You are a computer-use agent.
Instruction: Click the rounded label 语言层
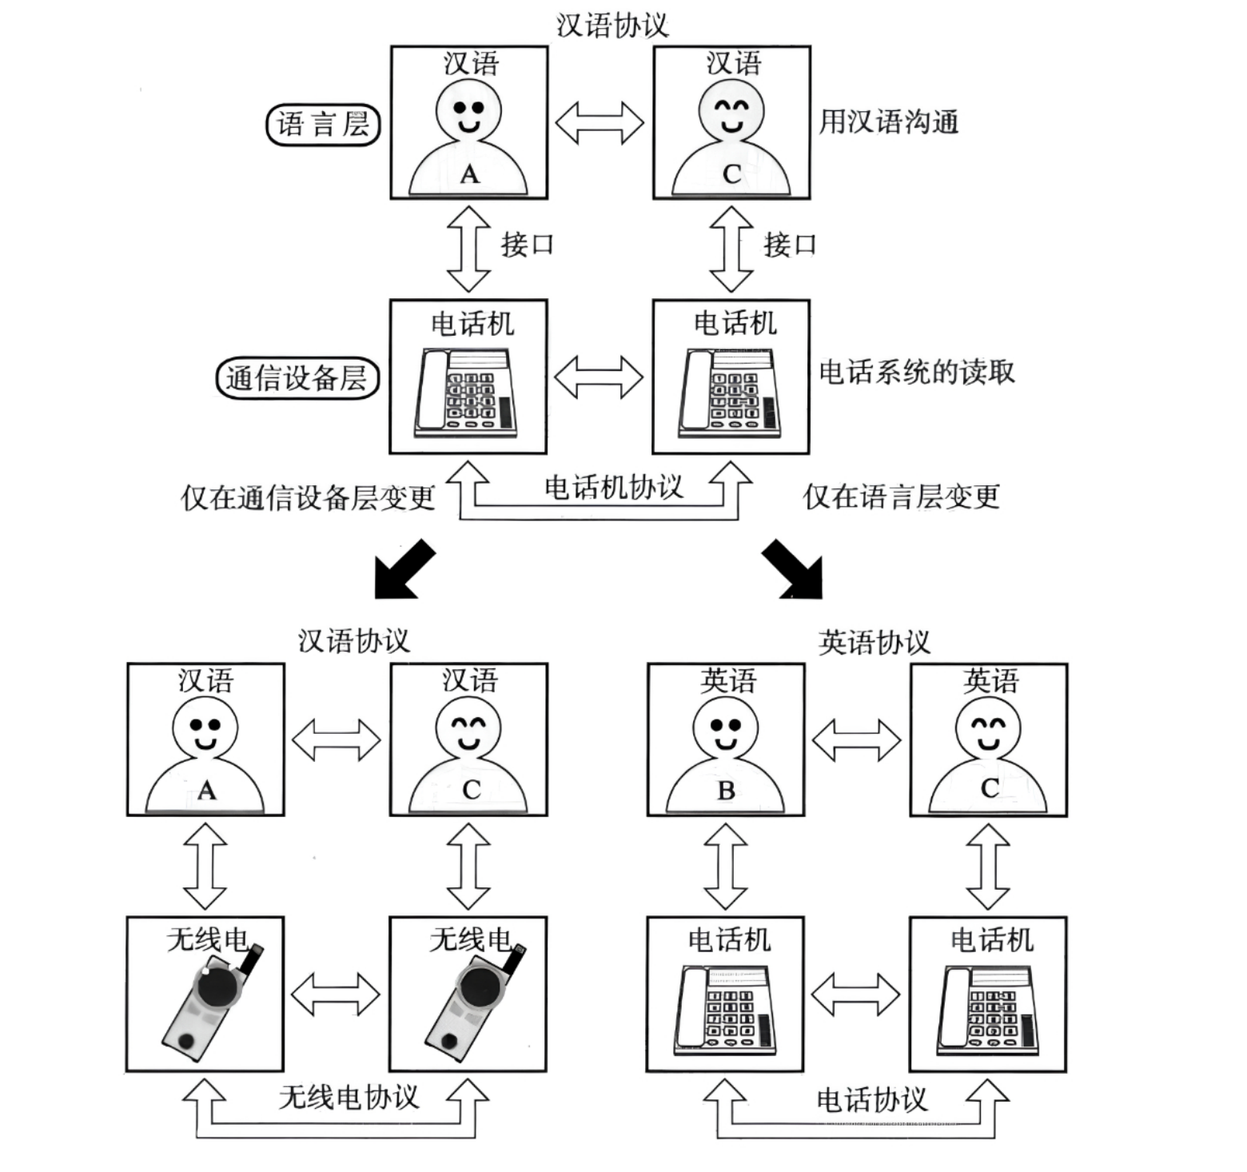pyautogui.click(x=323, y=124)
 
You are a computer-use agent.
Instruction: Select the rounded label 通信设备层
pyautogui.click(x=297, y=378)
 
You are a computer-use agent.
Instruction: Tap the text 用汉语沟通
pyautogui.click(x=888, y=122)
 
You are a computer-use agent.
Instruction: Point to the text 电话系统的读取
pyautogui.click(x=916, y=372)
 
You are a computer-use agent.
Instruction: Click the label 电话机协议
pyautogui.click(x=614, y=486)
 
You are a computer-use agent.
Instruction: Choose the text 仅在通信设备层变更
pyautogui.click(x=308, y=497)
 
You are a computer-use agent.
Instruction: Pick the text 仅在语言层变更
pyautogui.click(x=901, y=496)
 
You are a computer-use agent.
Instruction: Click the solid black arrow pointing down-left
pyautogui.click(x=404, y=569)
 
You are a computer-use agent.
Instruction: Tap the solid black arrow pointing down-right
pyautogui.click(x=792, y=569)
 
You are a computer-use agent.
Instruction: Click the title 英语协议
pyautogui.click(x=874, y=642)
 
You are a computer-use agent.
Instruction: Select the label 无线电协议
pyautogui.click(x=349, y=1097)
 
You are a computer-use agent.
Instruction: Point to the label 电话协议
pyautogui.click(x=871, y=1100)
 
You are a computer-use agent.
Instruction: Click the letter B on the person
pyautogui.click(x=726, y=791)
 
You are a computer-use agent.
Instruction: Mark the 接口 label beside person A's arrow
pyautogui.click(x=528, y=244)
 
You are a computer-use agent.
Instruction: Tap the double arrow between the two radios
pyautogui.click(x=336, y=995)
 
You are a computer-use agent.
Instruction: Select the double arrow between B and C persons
pyautogui.click(x=857, y=739)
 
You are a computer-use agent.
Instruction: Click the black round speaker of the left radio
pyautogui.click(x=217, y=989)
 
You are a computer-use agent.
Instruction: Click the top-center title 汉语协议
pyautogui.click(x=612, y=25)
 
